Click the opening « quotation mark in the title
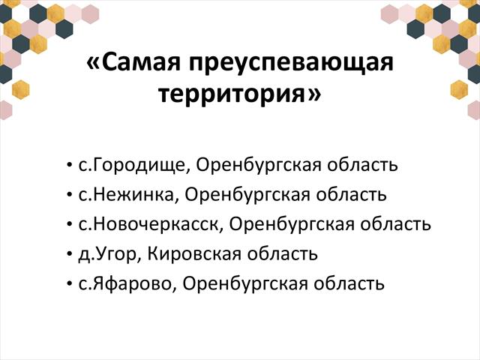(93, 64)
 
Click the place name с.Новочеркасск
(149, 225)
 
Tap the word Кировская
(194, 254)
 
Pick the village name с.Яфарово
(125, 284)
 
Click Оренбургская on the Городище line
(258, 166)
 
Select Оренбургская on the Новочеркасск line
(292, 225)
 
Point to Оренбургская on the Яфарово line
(245, 284)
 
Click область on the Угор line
(282, 254)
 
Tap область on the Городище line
(362, 165)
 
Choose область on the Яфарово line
(349, 283)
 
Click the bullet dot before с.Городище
(69, 166)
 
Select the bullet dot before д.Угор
(69, 255)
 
